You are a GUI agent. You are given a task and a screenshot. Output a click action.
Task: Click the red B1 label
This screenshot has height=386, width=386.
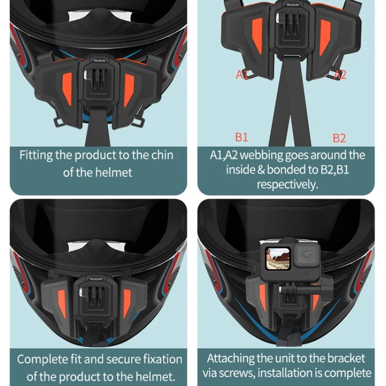(241, 137)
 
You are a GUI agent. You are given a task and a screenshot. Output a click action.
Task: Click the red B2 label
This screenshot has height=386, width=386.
(339, 138)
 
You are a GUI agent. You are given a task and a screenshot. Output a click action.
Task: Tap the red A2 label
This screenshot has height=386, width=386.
(340, 75)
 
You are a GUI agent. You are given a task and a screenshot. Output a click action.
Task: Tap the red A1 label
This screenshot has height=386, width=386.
(242, 75)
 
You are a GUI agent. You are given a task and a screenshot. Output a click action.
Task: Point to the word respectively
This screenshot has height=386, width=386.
(287, 184)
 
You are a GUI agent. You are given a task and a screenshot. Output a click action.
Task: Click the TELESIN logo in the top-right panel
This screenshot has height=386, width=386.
(288, 8)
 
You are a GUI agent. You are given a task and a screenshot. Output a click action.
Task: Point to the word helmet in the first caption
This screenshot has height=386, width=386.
(114, 172)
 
